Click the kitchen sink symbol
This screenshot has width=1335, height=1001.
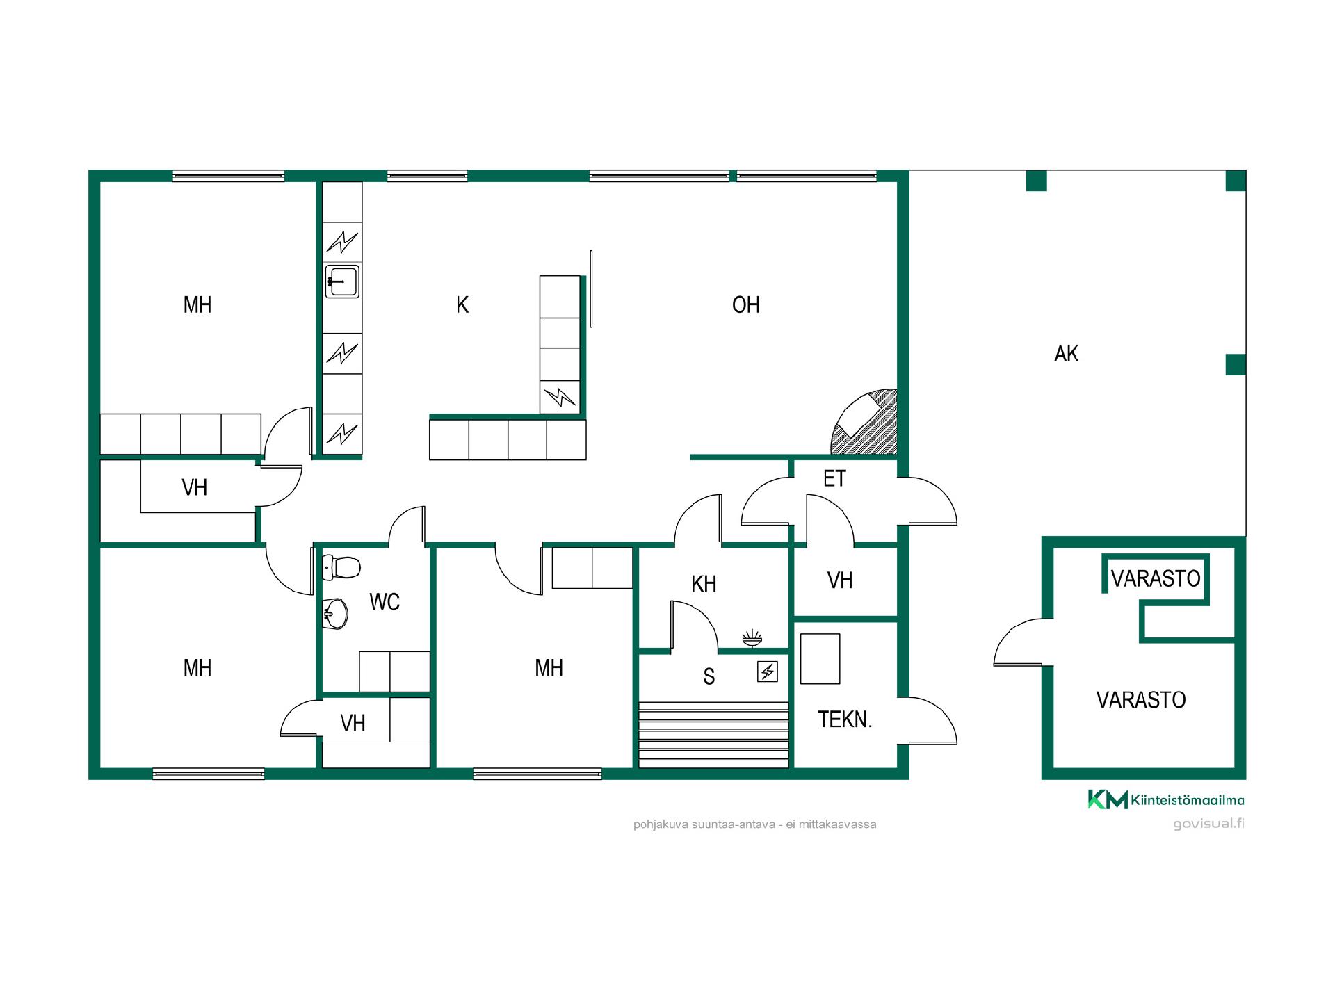point(342,282)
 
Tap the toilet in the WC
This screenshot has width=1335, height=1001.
point(342,567)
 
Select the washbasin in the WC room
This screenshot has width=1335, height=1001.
point(336,614)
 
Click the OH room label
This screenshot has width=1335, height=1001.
point(746,304)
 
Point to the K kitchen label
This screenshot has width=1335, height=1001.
point(462,304)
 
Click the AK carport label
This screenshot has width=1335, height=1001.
point(1066,354)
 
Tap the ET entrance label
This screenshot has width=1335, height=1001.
point(834,479)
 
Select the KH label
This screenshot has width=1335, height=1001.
point(704,585)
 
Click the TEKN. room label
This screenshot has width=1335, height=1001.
point(845,719)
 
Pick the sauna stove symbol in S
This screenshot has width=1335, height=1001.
point(768,672)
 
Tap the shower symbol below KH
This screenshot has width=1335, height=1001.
point(752,638)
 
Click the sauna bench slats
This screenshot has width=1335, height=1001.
point(713,735)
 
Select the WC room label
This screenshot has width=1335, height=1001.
point(385,602)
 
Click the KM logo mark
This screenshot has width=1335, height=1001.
point(1108,799)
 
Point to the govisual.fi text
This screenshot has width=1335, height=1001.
point(1208,824)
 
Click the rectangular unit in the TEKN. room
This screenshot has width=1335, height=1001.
point(820,658)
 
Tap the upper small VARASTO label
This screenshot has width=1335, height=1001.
point(1156,578)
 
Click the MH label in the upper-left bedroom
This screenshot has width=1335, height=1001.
point(197,304)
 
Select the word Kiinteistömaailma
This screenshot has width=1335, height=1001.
point(1188,800)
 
